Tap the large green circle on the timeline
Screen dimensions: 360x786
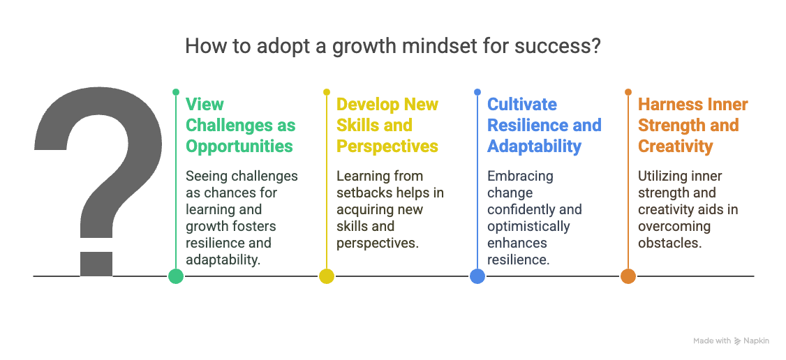click(176, 276)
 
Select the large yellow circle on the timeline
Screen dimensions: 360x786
click(327, 276)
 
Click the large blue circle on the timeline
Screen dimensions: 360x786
click(477, 276)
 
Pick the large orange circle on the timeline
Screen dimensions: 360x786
click(628, 276)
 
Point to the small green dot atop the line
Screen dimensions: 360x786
click(176, 91)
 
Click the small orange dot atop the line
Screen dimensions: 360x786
click(628, 91)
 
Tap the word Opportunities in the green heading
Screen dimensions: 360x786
click(239, 146)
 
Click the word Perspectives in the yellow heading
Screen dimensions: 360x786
click(387, 146)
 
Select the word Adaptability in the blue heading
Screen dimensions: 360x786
click(534, 146)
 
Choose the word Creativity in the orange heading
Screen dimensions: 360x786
click(675, 146)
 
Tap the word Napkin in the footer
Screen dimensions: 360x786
click(757, 340)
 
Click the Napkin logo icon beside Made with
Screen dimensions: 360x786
click(738, 340)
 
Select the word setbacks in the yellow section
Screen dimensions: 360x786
click(363, 193)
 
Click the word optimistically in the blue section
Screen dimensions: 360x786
click(528, 226)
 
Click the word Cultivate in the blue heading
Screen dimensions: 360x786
click(521, 105)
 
